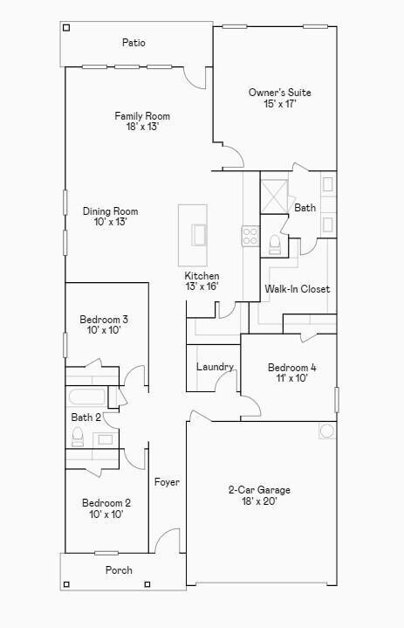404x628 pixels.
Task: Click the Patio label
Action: tap(134, 43)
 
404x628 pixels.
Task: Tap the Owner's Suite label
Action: tap(279, 93)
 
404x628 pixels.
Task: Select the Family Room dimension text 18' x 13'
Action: tap(142, 127)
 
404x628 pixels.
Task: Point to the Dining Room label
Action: tap(110, 211)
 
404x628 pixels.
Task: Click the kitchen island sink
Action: tap(199, 236)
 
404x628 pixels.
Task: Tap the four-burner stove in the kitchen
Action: tap(250, 235)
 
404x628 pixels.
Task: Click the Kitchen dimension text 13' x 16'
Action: tap(201, 286)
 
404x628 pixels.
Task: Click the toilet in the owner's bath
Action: tap(274, 243)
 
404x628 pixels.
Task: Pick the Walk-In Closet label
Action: tap(297, 289)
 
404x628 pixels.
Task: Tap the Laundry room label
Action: tap(215, 367)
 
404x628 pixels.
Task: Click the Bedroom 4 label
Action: tap(291, 368)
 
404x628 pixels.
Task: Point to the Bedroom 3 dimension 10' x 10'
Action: tap(104, 330)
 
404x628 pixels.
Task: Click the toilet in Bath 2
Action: tap(77, 436)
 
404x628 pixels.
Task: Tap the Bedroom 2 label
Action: tap(106, 503)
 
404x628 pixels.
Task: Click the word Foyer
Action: tap(167, 482)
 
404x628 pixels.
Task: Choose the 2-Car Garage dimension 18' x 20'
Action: tap(259, 501)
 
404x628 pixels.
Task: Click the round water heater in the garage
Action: tap(327, 431)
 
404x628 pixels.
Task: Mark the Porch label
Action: tap(119, 570)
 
